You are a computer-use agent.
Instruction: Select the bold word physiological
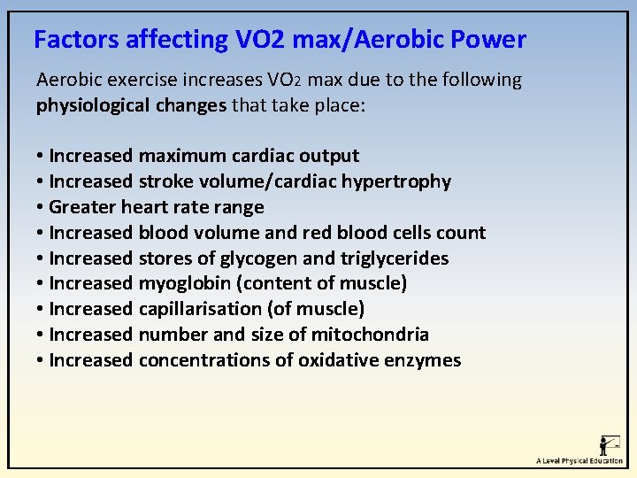[85, 106]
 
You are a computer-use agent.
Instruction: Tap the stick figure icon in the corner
[609, 444]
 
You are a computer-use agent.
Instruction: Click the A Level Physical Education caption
[579, 461]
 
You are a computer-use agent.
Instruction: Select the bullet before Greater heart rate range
[41, 208]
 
